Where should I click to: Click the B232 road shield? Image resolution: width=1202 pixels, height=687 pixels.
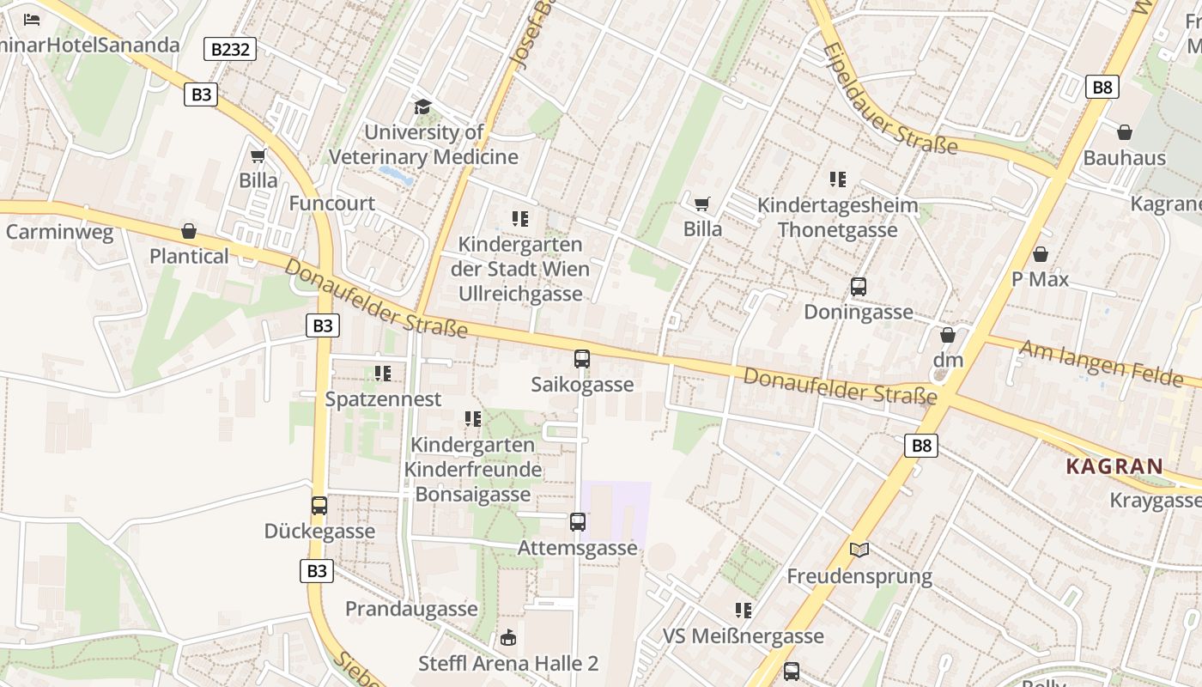[230, 49]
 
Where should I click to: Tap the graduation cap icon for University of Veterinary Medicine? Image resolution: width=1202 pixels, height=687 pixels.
[422, 106]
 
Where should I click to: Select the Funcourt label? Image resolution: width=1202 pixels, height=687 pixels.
[331, 204]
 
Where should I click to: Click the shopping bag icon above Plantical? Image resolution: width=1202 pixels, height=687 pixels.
[189, 231]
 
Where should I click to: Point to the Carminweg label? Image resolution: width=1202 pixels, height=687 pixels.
[59, 232]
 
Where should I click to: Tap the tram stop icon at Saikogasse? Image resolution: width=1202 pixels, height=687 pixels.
[582, 359]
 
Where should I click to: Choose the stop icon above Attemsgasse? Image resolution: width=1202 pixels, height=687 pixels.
[578, 521]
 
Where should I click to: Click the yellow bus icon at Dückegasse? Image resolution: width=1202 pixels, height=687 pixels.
[319, 506]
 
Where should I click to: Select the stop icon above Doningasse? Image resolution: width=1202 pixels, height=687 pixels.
[859, 287]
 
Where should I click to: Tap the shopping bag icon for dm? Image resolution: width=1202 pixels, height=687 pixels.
[948, 335]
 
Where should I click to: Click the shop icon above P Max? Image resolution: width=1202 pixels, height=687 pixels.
[1041, 254]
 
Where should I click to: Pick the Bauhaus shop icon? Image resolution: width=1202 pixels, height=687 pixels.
[1125, 132]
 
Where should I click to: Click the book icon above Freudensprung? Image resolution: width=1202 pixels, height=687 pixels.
[859, 550]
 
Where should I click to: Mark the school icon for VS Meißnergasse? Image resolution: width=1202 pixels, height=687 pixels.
[744, 611]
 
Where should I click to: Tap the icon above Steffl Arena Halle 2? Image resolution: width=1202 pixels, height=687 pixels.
[508, 638]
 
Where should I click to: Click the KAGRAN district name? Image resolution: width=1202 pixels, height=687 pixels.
[1114, 467]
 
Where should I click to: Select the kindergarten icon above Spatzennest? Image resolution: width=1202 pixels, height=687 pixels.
[383, 374]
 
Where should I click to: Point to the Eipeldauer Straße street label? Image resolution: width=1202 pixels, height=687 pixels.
[889, 99]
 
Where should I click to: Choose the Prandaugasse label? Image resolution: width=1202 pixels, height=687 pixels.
[411, 609]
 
